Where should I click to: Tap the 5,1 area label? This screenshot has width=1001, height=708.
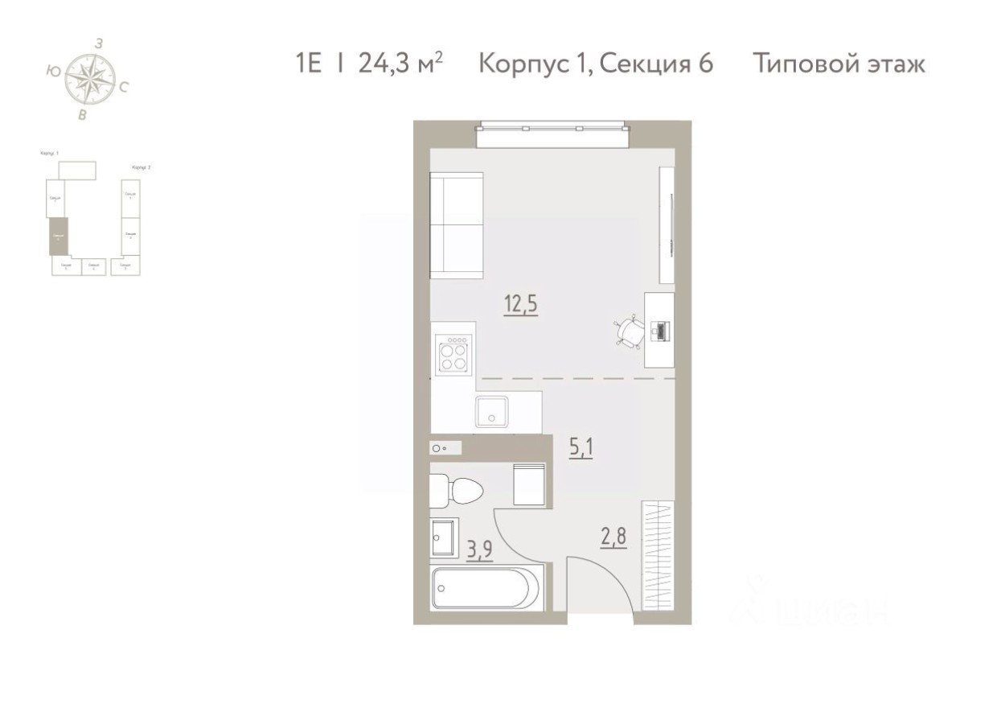point(580,447)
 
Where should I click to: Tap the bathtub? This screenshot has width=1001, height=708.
point(486,587)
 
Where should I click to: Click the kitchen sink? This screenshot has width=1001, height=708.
point(490,411)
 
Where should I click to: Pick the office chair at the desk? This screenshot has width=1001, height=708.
point(630,331)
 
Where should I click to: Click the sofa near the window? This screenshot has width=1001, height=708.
point(456,225)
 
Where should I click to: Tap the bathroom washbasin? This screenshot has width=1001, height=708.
point(444,537)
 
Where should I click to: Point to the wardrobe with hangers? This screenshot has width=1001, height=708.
point(658,557)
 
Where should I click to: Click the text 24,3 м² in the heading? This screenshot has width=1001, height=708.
point(400,64)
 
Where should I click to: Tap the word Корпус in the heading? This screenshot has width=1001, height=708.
point(523,64)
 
